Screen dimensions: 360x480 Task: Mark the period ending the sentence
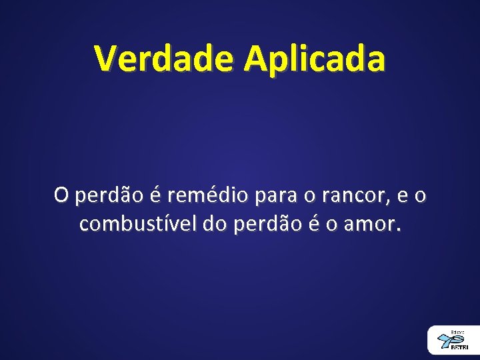(x=399, y=231)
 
